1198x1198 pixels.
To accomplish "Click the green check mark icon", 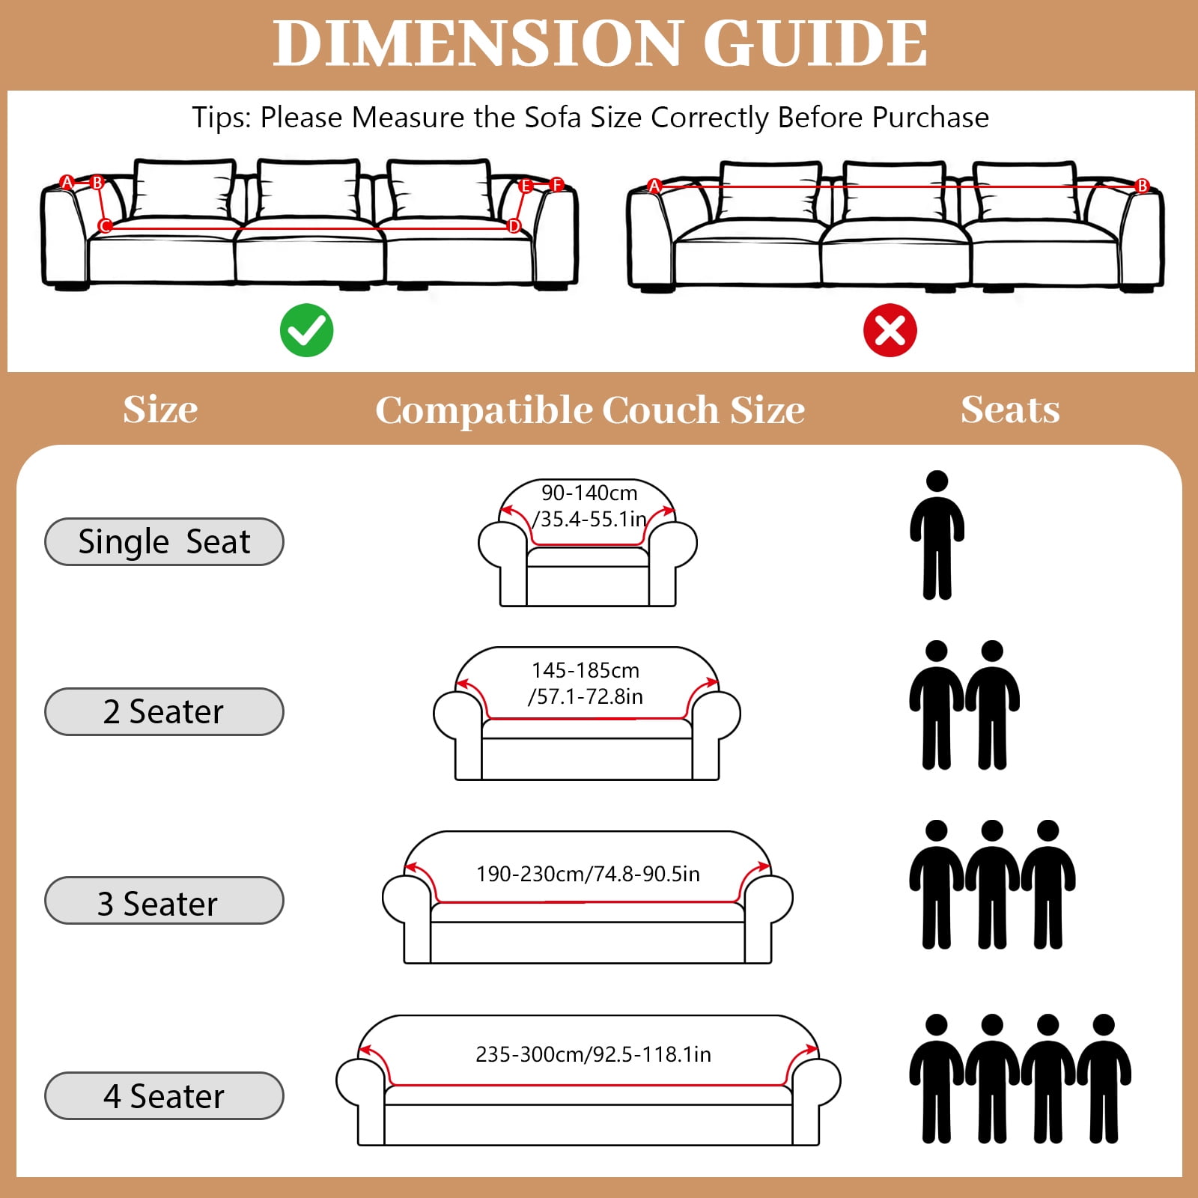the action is click(307, 330).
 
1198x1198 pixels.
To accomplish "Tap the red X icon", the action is click(890, 330).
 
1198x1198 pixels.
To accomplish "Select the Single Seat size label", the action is click(164, 541).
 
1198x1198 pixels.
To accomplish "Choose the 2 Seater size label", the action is click(164, 711).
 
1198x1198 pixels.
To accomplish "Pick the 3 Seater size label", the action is click(164, 901).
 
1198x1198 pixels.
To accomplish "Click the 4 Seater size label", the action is click(164, 1096).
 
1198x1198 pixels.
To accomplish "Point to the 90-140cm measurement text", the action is click(589, 493).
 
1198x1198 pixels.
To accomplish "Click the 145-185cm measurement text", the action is click(586, 670).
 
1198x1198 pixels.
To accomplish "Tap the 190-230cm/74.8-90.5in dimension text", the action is click(588, 874).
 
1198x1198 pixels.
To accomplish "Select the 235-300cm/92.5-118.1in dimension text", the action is click(593, 1054).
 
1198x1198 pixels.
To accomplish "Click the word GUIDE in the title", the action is click(815, 43).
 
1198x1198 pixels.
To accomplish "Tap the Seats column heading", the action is click(1010, 410).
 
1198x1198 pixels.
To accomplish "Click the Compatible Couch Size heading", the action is click(590, 410).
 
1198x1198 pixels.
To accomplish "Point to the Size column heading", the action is click(160, 410).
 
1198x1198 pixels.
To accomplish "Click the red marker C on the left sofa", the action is click(105, 225).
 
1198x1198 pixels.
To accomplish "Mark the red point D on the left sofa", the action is click(514, 225).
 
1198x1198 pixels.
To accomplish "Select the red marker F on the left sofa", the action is click(556, 185).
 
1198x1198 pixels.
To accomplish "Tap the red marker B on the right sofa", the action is click(1143, 186).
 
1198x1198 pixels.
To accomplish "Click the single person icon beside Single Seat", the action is click(937, 535).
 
